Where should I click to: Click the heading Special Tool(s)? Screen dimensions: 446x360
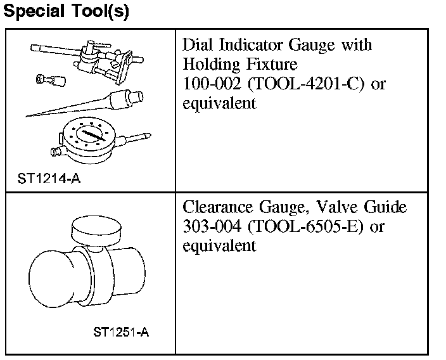67,11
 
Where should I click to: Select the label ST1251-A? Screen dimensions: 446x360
121,332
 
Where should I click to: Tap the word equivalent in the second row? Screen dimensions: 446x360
219,245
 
